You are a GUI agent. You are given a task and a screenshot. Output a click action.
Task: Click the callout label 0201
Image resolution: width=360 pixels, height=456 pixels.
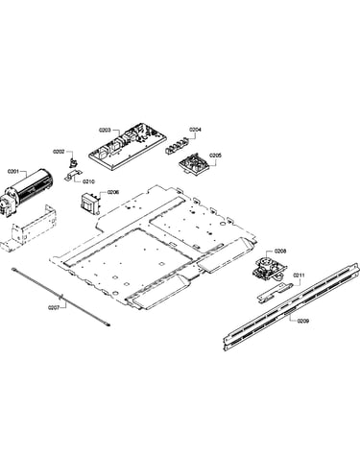12,172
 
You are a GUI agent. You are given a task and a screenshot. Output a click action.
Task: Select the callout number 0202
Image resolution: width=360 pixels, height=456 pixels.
59,152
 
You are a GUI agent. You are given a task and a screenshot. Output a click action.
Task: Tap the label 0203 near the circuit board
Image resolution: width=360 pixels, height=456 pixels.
105,130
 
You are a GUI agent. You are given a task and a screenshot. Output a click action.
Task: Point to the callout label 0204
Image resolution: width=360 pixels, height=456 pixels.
195,130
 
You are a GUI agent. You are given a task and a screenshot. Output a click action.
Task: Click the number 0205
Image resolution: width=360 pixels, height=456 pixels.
215,156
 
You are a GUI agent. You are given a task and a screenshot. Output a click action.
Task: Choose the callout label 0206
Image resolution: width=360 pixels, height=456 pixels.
113,192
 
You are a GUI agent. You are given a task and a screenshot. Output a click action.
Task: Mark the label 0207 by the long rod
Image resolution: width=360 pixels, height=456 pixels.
54,307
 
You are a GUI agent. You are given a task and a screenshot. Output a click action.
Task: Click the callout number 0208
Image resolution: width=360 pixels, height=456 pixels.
280,252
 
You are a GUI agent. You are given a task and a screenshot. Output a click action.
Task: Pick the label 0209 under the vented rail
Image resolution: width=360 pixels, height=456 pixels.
302,321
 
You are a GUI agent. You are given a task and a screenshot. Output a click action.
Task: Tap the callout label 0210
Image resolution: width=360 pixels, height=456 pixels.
88,181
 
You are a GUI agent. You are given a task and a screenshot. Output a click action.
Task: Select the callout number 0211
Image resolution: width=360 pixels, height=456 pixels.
299,276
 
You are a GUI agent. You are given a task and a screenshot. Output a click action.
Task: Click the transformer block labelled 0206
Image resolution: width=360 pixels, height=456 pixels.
90,203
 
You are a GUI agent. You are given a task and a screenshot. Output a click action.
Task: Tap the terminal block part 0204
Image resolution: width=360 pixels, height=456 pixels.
177,145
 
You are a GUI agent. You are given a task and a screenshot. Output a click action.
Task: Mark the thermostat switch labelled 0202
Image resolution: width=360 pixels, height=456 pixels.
73,162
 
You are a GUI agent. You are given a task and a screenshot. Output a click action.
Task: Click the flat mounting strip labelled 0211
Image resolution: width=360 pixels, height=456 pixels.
275,292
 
